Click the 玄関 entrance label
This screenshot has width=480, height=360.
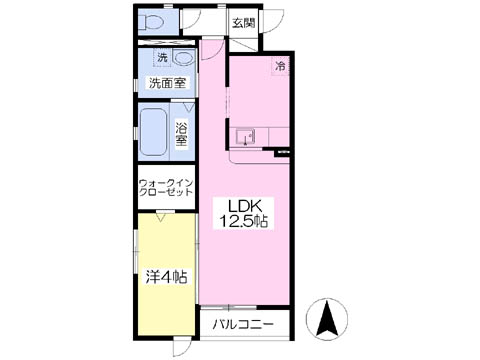click(244, 23)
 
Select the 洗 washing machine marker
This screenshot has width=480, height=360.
click(162, 58)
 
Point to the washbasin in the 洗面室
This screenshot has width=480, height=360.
click(183, 58)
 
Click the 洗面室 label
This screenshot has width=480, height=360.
click(167, 83)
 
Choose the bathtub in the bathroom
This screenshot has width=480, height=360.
click(153, 132)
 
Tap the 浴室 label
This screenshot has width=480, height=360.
click(181, 134)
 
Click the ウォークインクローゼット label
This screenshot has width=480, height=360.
click(166, 188)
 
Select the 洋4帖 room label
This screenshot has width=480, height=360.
click(166, 277)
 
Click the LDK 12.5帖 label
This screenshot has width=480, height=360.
click(243, 213)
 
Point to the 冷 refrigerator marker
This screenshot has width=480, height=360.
click(280, 66)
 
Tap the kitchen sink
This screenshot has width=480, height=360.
click(245, 137)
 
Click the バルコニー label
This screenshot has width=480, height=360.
click(243, 324)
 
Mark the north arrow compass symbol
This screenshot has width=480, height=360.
click(327, 317)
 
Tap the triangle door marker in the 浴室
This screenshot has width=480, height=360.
click(189, 107)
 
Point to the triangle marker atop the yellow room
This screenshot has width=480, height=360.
click(162, 217)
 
